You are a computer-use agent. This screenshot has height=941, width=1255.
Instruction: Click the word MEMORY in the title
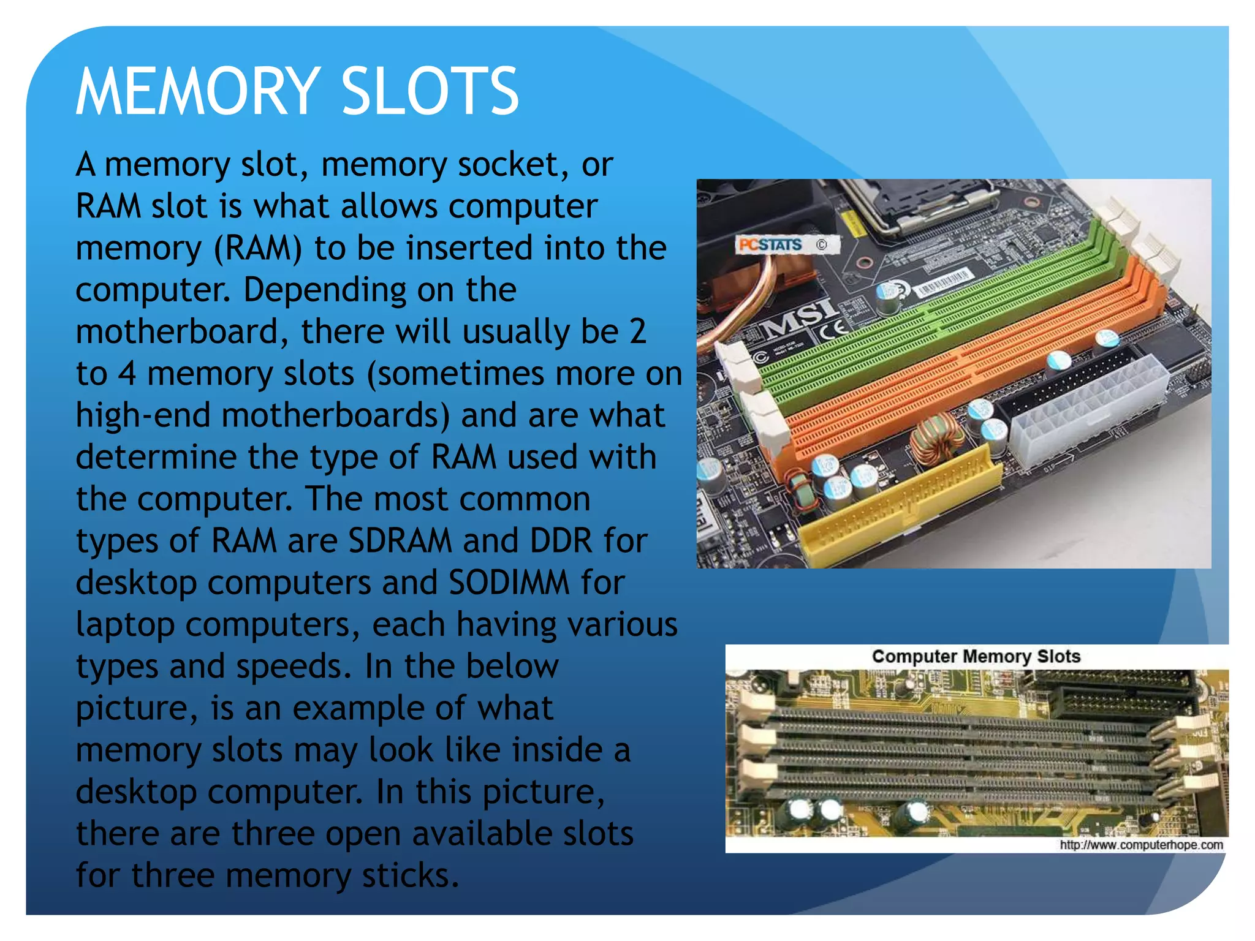click(x=197, y=92)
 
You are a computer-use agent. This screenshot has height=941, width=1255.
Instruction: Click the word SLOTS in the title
click(x=430, y=92)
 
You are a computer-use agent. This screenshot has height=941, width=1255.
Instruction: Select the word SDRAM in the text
click(x=400, y=540)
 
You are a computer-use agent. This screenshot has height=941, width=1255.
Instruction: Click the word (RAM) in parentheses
click(x=257, y=248)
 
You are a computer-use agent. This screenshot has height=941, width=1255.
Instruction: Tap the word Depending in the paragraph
click(x=325, y=290)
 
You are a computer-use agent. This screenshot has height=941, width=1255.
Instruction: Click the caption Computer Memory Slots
click(x=976, y=656)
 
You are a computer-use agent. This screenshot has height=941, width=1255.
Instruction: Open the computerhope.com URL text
click(x=1141, y=845)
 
